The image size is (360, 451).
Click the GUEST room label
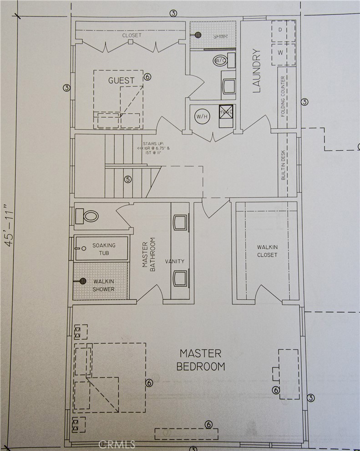point(121,80)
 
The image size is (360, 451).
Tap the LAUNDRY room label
point(256,71)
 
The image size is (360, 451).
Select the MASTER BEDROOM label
point(200,360)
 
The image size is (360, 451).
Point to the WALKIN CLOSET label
point(267,251)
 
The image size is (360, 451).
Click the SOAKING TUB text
point(104,249)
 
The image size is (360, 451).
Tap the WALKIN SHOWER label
point(104,286)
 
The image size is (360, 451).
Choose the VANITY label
point(175,261)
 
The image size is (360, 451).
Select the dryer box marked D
point(280,30)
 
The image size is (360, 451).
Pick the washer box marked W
point(280,52)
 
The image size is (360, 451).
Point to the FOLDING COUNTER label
point(283,96)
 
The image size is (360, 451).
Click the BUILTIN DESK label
point(283,165)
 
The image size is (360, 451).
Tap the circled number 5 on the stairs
point(128,179)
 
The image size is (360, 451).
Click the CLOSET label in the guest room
point(132,35)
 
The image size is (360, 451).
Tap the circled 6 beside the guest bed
point(147,77)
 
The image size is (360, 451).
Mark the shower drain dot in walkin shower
point(83,281)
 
